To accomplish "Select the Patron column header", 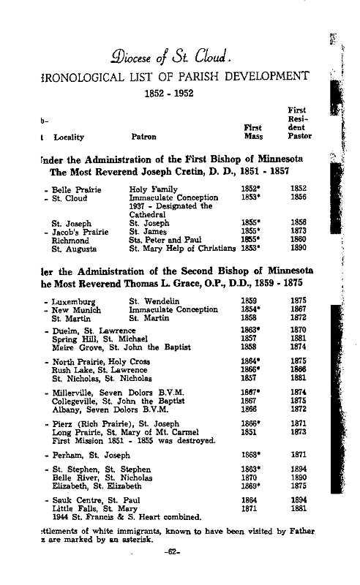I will tap(143, 136).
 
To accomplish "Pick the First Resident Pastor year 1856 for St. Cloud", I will tap(299, 197).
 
